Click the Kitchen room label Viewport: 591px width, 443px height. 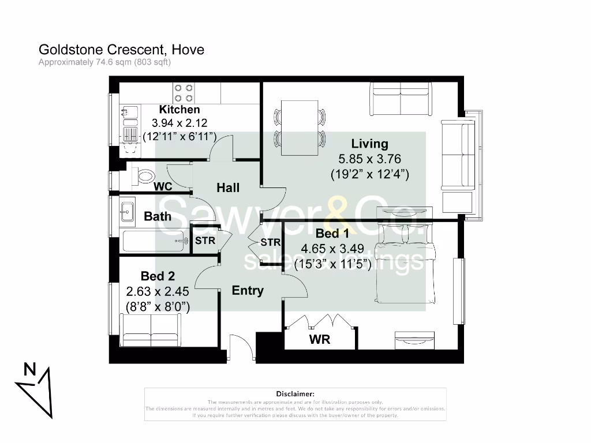(179, 110)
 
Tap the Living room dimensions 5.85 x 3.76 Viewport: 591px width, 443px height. (369, 159)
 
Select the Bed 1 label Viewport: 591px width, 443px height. (332, 234)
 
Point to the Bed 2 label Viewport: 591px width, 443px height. (158, 277)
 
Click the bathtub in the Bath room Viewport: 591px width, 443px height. (156, 241)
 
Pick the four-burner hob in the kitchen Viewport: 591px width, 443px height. (184, 93)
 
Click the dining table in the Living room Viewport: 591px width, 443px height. (300, 127)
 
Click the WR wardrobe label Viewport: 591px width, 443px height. (320, 340)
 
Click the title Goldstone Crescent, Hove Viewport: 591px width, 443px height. (121, 50)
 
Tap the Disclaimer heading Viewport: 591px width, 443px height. (295, 393)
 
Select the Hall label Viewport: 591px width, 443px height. (228, 187)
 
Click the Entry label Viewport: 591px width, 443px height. (248, 291)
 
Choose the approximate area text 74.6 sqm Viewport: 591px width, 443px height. (104, 62)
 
